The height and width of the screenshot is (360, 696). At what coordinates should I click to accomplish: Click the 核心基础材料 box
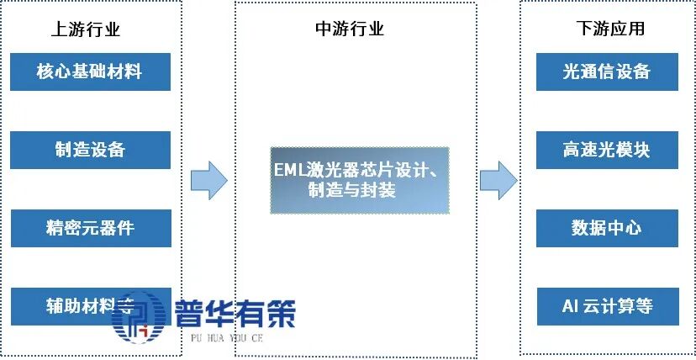pyautogui.click(x=90, y=71)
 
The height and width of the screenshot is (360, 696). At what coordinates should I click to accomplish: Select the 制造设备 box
pyautogui.click(x=90, y=150)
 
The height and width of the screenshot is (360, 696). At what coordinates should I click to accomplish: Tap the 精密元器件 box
pyautogui.click(x=90, y=228)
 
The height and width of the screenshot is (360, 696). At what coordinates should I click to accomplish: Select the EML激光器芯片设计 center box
pyautogui.click(x=359, y=180)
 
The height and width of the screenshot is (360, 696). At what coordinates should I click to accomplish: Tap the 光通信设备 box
pyautogui.click(x=607, y=71)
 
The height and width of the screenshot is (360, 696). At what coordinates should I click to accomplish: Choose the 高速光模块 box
pyautogui.click(x=607, y=150)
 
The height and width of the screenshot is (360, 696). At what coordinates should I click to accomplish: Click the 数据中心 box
pyautogui.click(x=607, y=228)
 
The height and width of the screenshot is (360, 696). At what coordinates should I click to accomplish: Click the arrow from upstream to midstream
pyautogui.click(x=208, y=179)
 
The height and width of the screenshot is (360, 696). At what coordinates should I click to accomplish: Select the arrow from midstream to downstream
pyautogui.click(x=498, y=179)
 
